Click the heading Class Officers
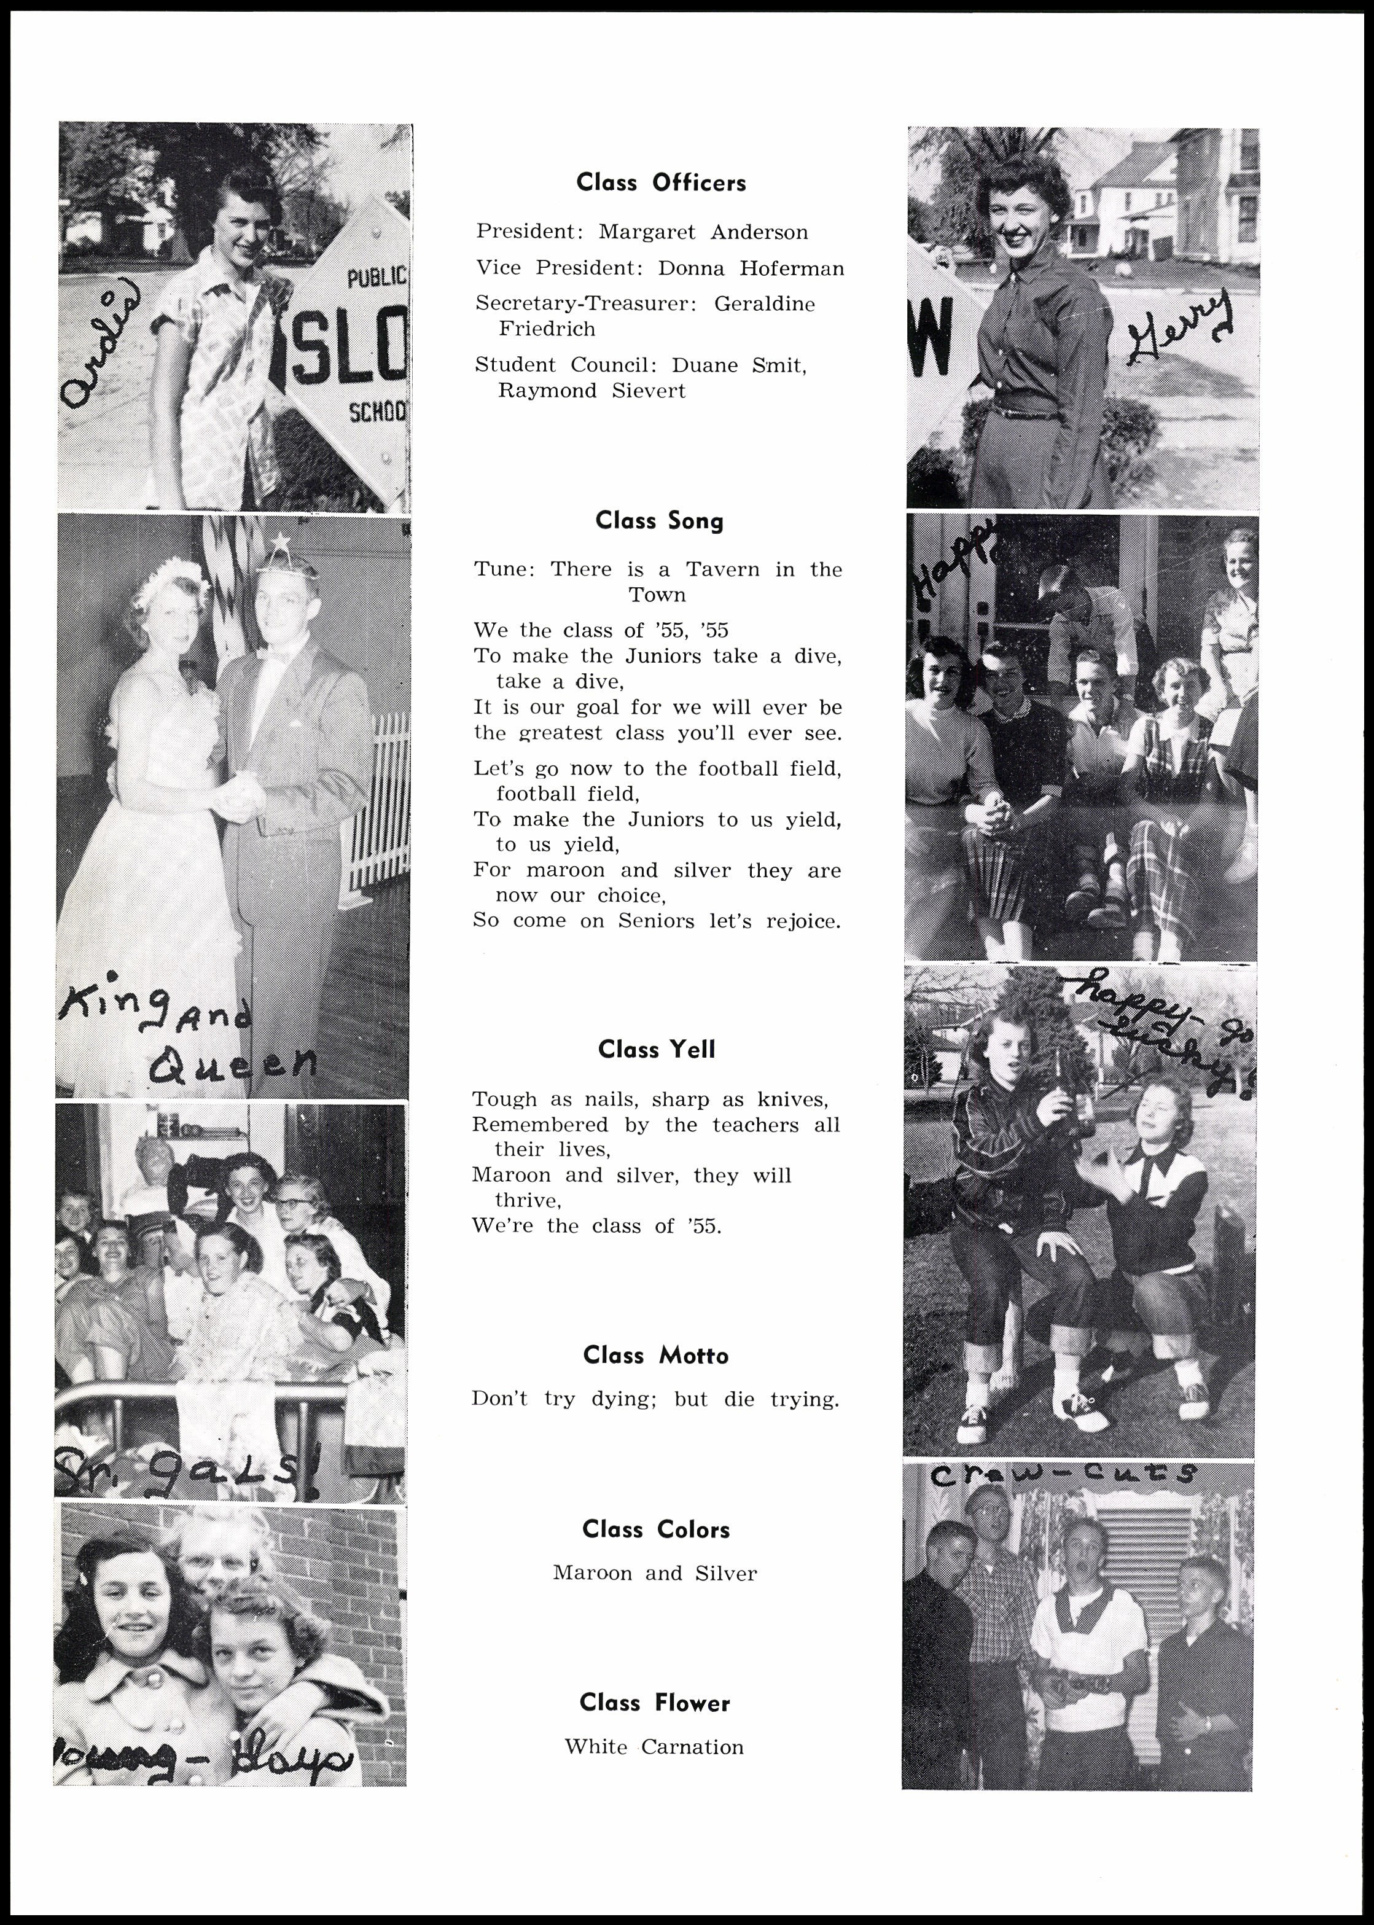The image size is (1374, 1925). [661, 183]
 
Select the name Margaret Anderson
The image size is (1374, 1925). [703, 232]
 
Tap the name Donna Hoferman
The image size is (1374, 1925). [751, 268]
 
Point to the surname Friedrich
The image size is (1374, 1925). [547, 329]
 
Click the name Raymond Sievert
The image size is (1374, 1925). [591, 391]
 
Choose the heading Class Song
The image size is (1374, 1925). [659, 520]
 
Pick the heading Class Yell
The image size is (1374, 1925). [657, 1049]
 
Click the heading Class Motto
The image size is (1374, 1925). [656, 1356]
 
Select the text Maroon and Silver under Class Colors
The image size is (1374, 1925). [655, 1573]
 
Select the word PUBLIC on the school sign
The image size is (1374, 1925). [377, 276]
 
